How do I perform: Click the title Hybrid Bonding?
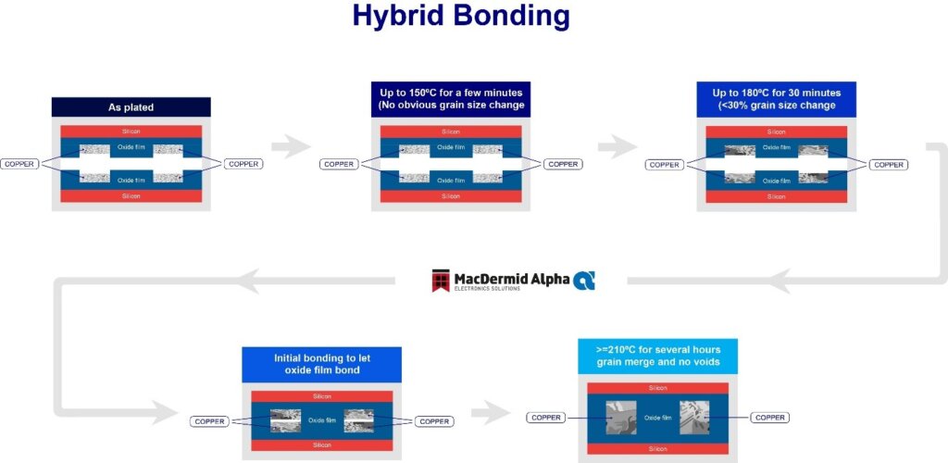460,17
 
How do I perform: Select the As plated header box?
131,107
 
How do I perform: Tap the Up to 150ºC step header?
451,99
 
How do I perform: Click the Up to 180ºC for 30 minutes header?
776,99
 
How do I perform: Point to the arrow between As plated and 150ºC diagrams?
291,145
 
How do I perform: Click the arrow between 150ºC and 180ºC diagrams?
617,145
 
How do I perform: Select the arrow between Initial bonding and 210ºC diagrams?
491,412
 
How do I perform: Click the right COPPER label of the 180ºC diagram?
889,165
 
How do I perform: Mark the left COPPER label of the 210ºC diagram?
546,418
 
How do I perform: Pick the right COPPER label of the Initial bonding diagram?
434,421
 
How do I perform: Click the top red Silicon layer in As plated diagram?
131,131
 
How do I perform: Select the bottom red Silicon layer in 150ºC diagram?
451,196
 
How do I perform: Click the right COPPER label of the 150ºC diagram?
563,164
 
